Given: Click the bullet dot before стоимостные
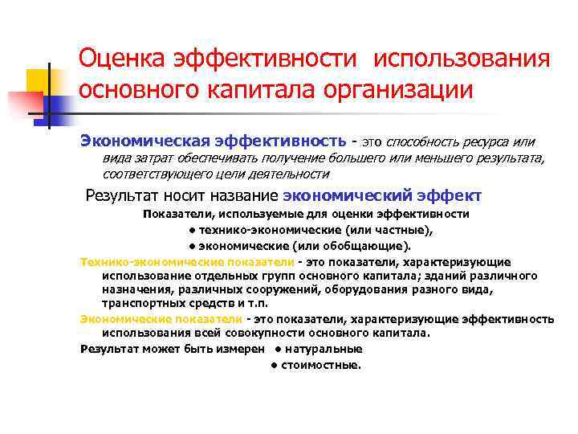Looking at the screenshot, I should pyautogui.click(x=273, y=364).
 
